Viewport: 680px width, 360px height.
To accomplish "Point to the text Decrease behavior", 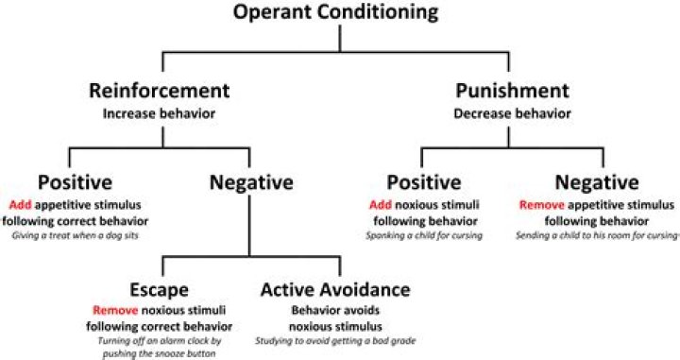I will click(512, 113).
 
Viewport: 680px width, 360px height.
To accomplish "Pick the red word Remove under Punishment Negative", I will click(540, 203).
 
